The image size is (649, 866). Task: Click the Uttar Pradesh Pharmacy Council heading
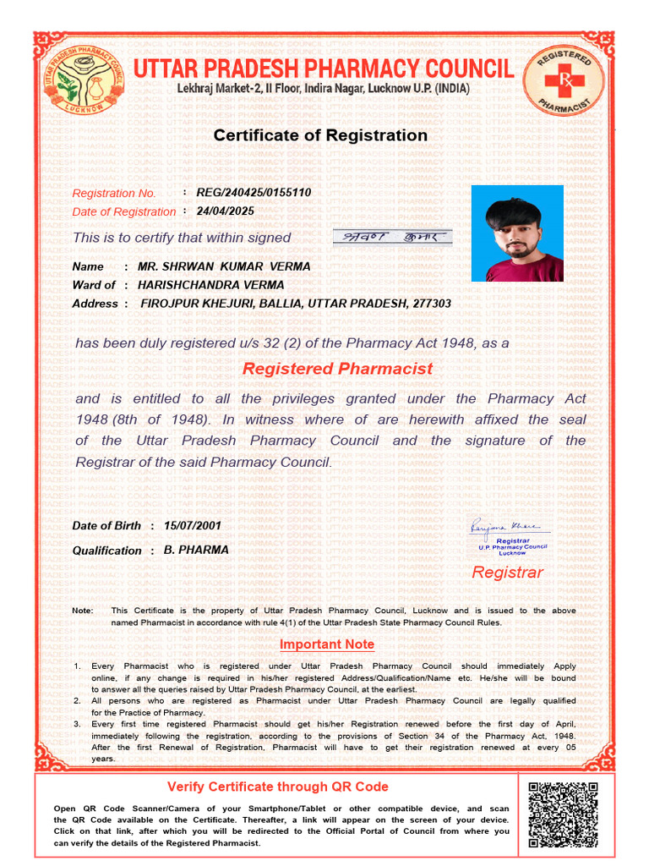coord(324,68)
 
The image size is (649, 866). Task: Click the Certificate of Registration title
coord(320,135)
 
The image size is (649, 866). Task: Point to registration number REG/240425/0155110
coord(254,193)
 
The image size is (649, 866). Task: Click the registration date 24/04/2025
coord(225,211)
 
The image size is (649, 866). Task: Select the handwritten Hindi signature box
coord(391,237)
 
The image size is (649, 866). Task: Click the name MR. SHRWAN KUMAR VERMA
coord(224,266)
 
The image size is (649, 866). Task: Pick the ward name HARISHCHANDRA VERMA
coord(211,285)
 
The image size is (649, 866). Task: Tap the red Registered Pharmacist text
coord(337,369)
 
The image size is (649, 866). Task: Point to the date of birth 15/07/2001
coord(193,525)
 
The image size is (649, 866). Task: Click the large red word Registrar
coord(507,573)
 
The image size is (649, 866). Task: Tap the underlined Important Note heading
coord(327,644)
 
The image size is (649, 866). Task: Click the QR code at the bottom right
coord(563,815)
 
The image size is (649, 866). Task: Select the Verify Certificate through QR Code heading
coord(278,787)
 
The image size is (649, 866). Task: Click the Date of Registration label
coord(124,212)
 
